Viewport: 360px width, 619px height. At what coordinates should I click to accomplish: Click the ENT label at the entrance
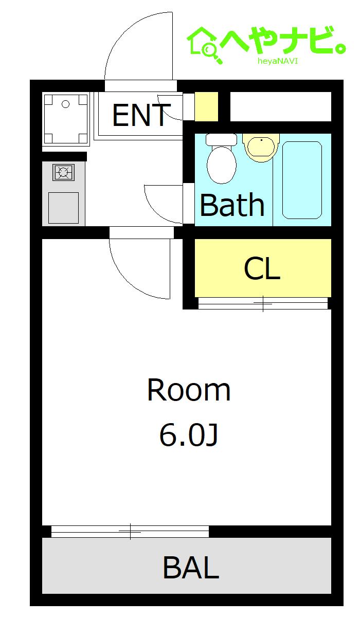[141, 115]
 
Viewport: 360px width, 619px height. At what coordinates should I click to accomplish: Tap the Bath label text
[232, 205]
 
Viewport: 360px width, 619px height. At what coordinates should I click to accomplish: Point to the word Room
[189, 389]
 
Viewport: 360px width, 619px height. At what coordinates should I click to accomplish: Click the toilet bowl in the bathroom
[222, 165]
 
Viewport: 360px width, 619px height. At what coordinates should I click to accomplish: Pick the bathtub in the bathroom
[302, 180]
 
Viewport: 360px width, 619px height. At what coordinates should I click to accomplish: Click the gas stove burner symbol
[64, 172]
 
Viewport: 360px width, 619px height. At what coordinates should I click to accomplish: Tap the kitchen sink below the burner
[63, 208]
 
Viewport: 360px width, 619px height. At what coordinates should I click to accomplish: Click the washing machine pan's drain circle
[65, 104]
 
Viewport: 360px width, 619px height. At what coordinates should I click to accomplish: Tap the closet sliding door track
[263, 303]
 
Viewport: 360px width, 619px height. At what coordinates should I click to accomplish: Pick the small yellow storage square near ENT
[206, 106]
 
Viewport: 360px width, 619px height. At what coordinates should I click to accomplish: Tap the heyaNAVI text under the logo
[278, 61]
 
